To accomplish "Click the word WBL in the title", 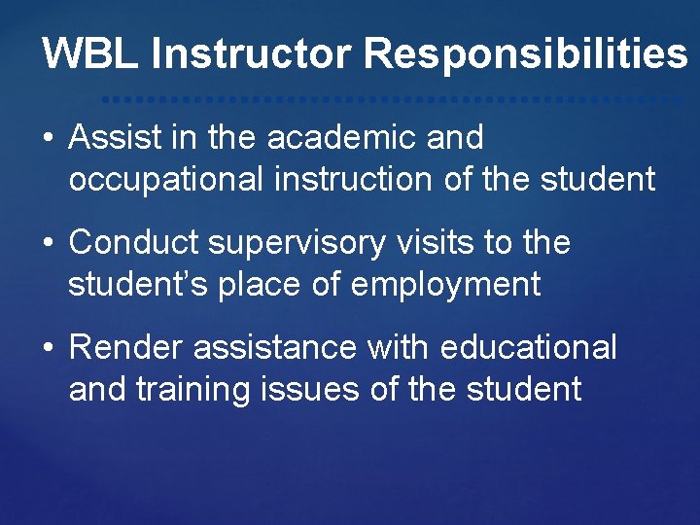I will [90, 53].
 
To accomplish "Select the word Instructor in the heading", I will [252, 53].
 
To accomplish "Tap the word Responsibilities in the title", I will [525, 53].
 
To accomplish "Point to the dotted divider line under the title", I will [389, 99].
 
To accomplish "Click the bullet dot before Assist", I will [48, 139].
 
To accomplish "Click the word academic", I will [341, 138].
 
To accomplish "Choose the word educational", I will [528, 347].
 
